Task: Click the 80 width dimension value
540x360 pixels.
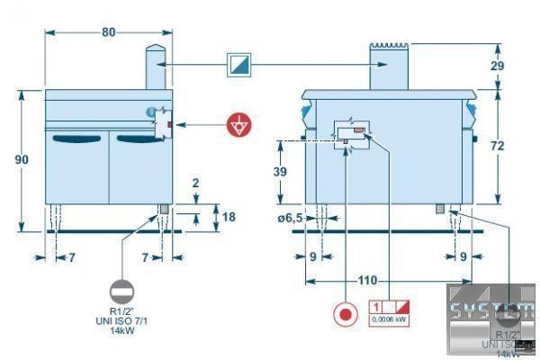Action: tap(109, 31)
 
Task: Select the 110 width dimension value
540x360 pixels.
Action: tap(367, 280)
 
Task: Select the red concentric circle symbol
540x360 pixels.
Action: tap(344, 316)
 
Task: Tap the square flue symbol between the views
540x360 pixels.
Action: tap(240, 65)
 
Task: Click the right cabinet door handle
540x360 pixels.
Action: tap(140, 138)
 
